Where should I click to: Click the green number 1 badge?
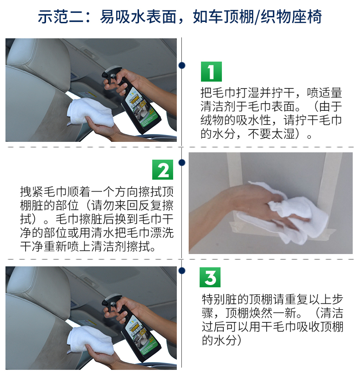click(211, 72)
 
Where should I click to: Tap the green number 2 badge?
click(162, 169)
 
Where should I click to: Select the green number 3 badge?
click(210, 277)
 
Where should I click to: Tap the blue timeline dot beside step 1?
click(182, 65)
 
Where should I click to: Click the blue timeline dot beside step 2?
click(182, 162)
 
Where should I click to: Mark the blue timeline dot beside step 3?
click(182, 270)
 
